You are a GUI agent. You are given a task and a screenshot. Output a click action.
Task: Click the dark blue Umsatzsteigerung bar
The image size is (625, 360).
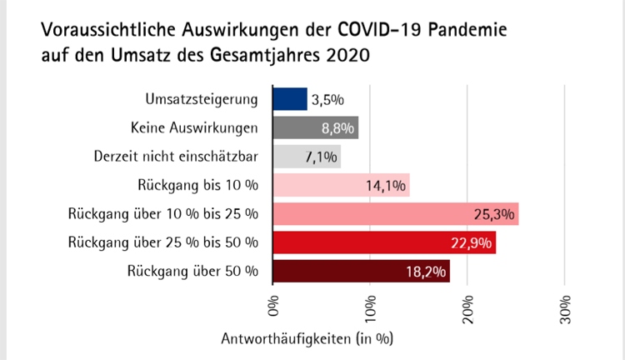[290, 99]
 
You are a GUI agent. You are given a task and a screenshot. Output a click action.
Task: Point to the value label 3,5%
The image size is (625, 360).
[327, 100]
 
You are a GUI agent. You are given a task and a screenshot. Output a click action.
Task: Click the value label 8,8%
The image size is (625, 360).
[339, 128]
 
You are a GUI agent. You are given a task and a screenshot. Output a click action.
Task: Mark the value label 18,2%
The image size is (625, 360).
[427, 272]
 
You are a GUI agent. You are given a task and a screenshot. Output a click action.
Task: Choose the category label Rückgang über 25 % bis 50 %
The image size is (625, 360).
[163, 242]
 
